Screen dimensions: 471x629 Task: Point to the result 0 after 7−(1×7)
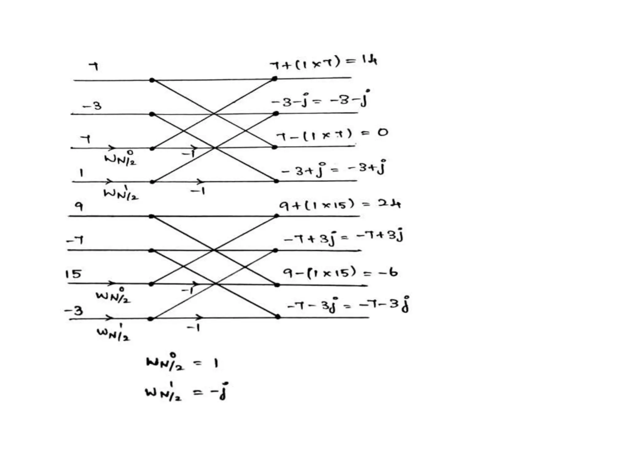pyautogui.click(x=383, y=132)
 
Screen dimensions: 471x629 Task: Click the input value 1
pyautogui.click(x=81, y=173)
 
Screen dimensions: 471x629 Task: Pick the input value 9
pyautogui.click(x=79, y=206)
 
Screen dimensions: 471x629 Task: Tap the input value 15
pyautogui.click(x=73, y=274)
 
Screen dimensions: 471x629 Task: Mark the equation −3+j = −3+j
pyautogui.click(x=334, y=169)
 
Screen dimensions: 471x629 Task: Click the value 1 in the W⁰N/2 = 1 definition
pyautogui.click(x=216, y=364)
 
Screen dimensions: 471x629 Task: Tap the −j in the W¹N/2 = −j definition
pyautogui.click(x=220, y=392)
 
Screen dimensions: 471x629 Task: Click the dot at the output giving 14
pyautogui.click(x=275, y=79)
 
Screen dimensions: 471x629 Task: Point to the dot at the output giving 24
pyautogui.click(x=276, y=216)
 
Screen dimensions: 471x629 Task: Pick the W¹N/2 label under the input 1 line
pyautogui.click(x=121, y=193)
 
